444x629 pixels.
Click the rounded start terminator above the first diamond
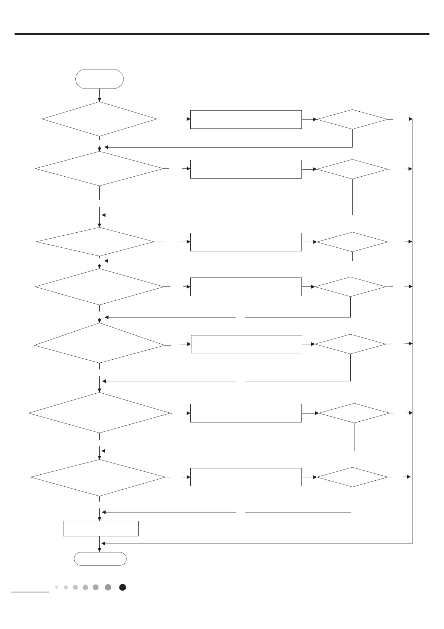[99, 79]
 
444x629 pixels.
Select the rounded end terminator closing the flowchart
[100, 559]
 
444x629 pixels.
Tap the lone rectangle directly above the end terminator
[101, 528]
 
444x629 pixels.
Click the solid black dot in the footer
[122, 587]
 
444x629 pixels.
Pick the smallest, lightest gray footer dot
[57, 587]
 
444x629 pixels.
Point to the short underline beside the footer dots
[30, 592]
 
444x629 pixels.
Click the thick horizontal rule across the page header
[222, 34]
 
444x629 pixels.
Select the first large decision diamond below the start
[99, 119]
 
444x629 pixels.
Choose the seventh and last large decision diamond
[98, 477]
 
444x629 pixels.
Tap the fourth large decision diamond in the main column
[99, 287]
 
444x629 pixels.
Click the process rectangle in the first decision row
[246, 120]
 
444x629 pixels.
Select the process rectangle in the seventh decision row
[246, 477]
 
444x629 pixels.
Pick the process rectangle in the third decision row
[246, 242]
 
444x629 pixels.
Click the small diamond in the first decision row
[352, 120]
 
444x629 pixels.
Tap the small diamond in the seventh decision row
[352, 477]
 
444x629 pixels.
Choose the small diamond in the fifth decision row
[350, 344]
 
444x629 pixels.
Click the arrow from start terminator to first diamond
[100, 95]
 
